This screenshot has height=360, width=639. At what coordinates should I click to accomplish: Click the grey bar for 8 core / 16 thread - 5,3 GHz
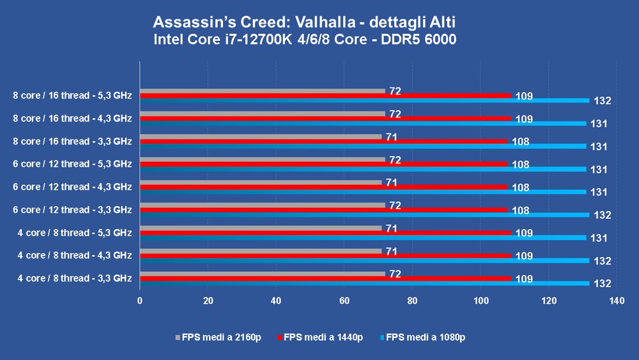click(262, 91)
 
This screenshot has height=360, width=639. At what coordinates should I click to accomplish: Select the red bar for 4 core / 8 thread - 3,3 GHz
click(326, 279)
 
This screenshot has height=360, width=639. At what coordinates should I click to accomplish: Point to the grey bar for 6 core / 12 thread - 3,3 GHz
click(262, 205)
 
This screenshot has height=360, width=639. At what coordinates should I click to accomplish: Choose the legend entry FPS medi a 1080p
click(424, 337)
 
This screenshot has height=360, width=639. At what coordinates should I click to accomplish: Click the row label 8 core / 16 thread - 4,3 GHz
click(72, 118)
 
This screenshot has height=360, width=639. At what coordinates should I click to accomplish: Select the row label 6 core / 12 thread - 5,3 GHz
click(72, 164)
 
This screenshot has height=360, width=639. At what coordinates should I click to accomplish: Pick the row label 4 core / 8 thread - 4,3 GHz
click(75, 255)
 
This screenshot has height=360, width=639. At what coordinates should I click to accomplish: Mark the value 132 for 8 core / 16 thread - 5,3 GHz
click(603, 100)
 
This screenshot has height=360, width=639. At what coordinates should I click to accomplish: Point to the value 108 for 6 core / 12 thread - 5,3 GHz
click(521, 165)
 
